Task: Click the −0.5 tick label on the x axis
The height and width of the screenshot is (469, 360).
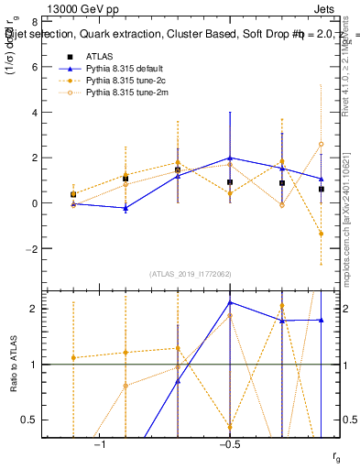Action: [x=227, y=444]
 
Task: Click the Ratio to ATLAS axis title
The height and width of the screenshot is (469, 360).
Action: [x=13, y=365]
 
